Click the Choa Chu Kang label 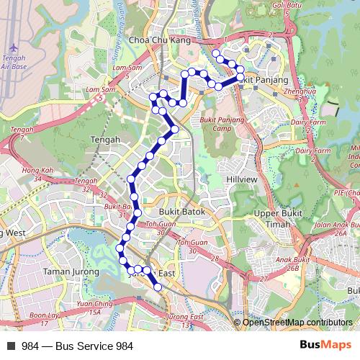click(159, 41)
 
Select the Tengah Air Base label click(13, 62)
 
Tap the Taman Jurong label click(66, 271)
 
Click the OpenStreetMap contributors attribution click(297, 323)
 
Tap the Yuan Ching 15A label click(95, 308)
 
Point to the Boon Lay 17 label click(45, 318)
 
